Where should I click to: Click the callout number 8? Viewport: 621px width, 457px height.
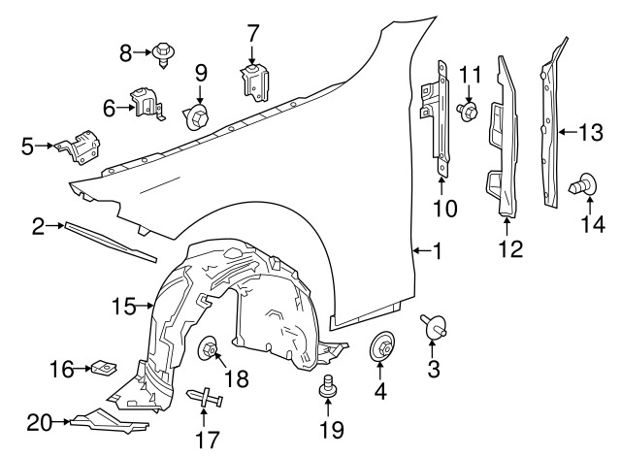pos(125,53)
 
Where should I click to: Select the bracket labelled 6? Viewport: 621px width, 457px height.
pos(147,105)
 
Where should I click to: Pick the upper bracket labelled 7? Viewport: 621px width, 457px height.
pos(253,78)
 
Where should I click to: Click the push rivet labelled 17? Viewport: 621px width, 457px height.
pos(204,397)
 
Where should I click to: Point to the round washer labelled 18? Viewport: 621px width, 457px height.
pos(210,349)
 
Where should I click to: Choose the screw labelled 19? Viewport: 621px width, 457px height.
pos(327,389)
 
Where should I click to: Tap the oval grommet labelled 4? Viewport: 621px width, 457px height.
pos(380,344)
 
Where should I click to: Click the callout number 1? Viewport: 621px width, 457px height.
pos(438,252)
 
